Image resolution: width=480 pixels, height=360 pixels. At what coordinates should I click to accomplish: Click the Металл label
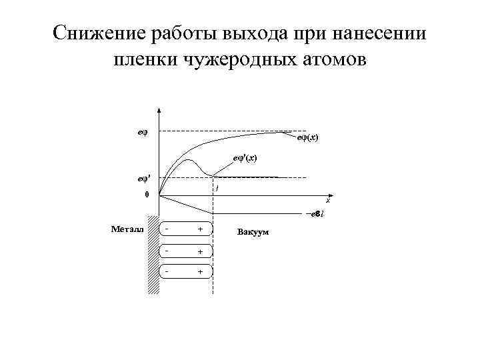click(124, 229)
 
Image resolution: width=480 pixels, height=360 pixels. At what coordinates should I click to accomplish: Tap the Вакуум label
click(253, 233)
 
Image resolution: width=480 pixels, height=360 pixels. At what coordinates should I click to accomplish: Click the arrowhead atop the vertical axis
click(159, 111)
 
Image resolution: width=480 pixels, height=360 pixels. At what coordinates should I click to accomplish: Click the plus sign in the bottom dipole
click(199, 272)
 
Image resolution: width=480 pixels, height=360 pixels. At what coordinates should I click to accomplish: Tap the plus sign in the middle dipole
click(199, 251)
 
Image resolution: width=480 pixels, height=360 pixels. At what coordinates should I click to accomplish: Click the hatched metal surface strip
click(153, 253)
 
